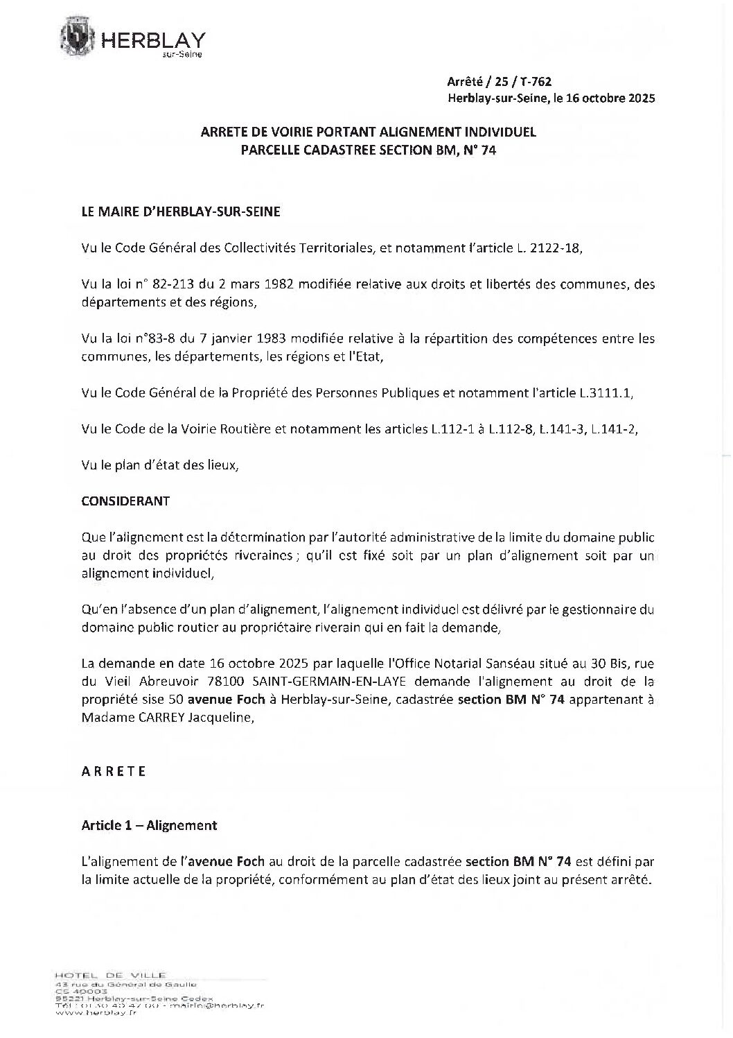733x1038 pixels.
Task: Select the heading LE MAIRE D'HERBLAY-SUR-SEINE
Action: coord(181,212)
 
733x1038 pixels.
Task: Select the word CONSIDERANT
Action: coord(125,501)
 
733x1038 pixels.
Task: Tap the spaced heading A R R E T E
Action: coord(114,771)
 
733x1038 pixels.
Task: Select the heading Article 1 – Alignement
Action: coord(149,825)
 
